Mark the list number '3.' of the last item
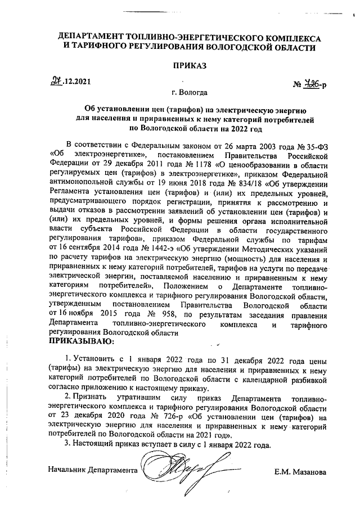tap(68, 443)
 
